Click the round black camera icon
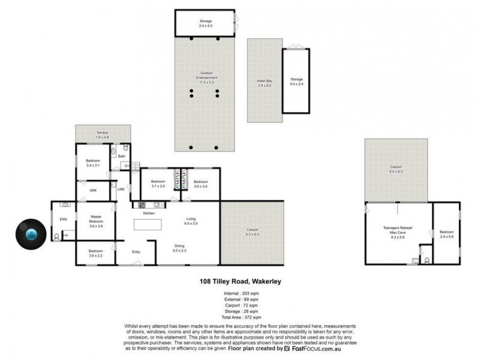click(30, 233)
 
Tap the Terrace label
click(103, 134)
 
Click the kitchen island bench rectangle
click(148, 224)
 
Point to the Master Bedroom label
click(97, 221)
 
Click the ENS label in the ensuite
click(63, 219)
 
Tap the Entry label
click(136, 251)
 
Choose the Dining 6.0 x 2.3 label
click(179, 248)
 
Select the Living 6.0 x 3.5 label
click(191, 221)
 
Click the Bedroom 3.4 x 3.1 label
click(93, 163)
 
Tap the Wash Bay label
click(264, 83)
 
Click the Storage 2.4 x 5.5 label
click(206, 24)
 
